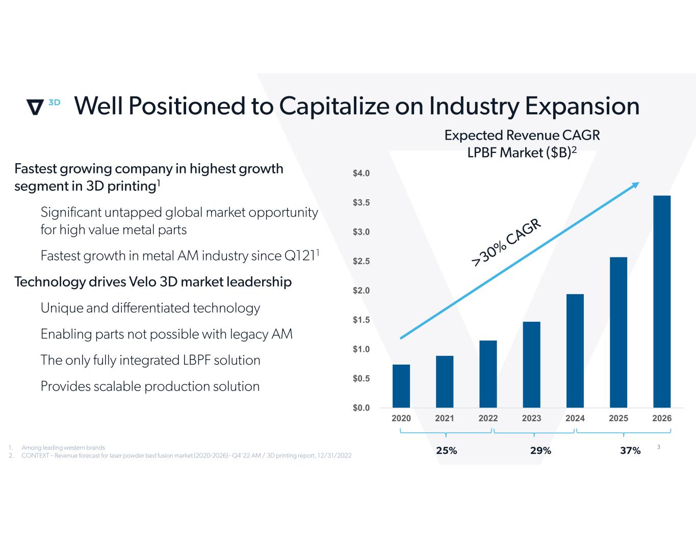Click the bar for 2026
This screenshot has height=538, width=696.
[662, 301]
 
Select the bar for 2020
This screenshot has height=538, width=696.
[401, 386]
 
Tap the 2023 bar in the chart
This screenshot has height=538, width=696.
[531, 365]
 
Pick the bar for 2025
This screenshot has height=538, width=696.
[618, 332]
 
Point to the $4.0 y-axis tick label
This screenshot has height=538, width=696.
[361, 173]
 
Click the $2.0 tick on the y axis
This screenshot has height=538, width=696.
[361, 291]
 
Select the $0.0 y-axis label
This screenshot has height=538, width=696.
[361, 408]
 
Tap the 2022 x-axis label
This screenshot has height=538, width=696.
[488, 419]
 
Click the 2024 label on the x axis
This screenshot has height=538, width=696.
[575, 419]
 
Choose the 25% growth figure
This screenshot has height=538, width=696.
[447, 451]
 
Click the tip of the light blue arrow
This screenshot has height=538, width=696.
[638, 184]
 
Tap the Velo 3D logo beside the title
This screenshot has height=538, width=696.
[42, 106]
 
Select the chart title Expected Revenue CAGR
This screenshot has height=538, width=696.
[522, 136]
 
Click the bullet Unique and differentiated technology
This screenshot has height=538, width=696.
[150, 308]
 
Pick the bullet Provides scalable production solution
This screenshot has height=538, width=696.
[150, 387]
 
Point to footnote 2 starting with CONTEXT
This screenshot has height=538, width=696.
[186, 455]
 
